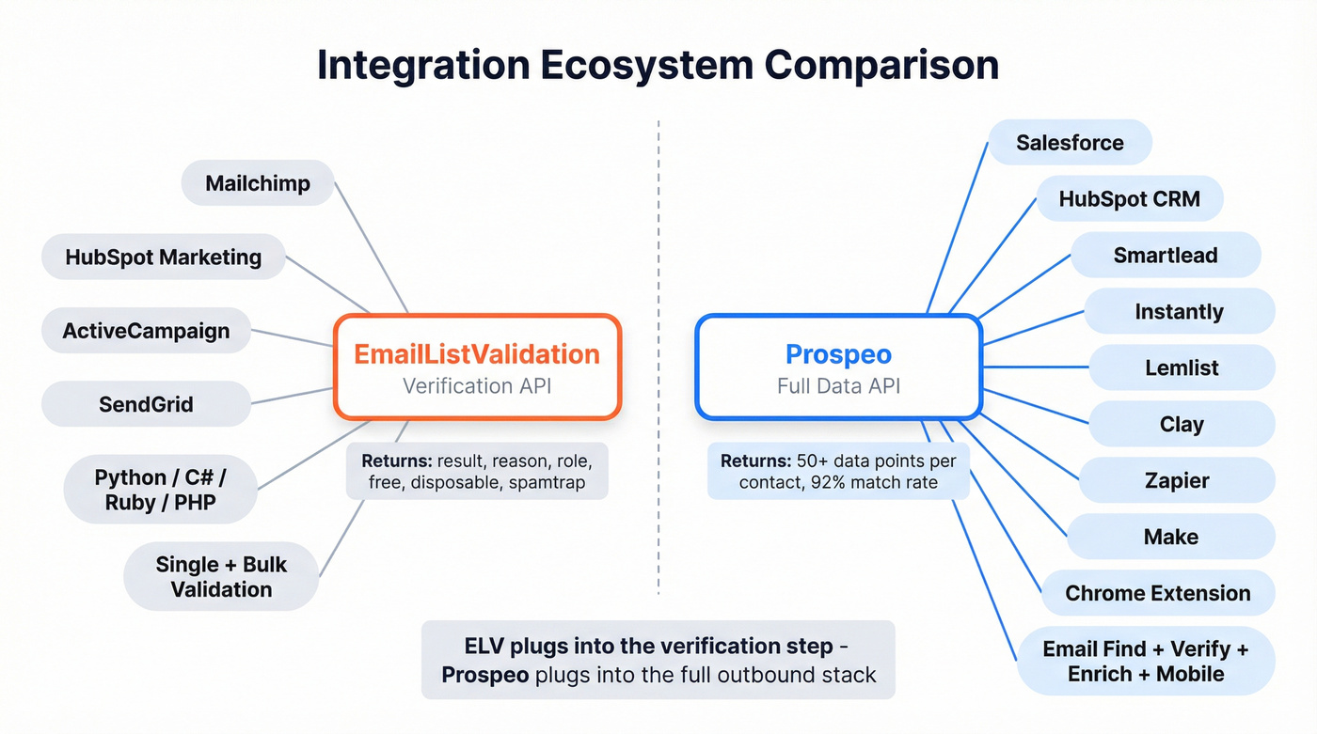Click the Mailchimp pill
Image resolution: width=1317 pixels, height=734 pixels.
click(x=257, y=182)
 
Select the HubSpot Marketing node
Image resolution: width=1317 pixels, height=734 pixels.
click(x=163, y=257)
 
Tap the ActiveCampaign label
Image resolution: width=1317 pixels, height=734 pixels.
click(x=146, y=331)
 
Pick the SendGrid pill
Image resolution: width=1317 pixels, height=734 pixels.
click(x=146, y=404)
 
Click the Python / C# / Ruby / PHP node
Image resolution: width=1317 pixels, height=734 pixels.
click(x=160, y=490)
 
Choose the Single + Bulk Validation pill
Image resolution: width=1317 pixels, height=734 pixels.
click(x=221, y=577)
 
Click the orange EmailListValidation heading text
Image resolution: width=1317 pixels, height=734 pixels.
click(x=477, y=354)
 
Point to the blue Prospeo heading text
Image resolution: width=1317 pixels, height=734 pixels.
click(x=838, y=354)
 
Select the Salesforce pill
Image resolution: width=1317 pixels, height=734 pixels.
click(x=1070, y=143)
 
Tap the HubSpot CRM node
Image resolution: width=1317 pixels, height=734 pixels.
click(x=1117, y=199)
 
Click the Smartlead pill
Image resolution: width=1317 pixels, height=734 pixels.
click(x=1166, y=255)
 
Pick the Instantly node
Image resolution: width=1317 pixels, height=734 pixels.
click(x=1179, y=311)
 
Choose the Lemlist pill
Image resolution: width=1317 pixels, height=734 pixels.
click(x=1182, y=367)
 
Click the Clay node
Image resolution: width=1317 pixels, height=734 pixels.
click(x=1182, y=424)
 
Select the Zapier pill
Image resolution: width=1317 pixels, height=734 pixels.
click(x=1177, y=480)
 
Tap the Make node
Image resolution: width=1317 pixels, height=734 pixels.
click(x=1171, y=537)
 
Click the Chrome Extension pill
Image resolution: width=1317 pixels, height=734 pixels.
click(x=1158, y=593)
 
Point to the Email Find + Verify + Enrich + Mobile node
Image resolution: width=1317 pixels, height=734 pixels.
click(x=1146, y=661)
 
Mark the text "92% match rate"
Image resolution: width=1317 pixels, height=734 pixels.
click(x=886, y=483)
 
